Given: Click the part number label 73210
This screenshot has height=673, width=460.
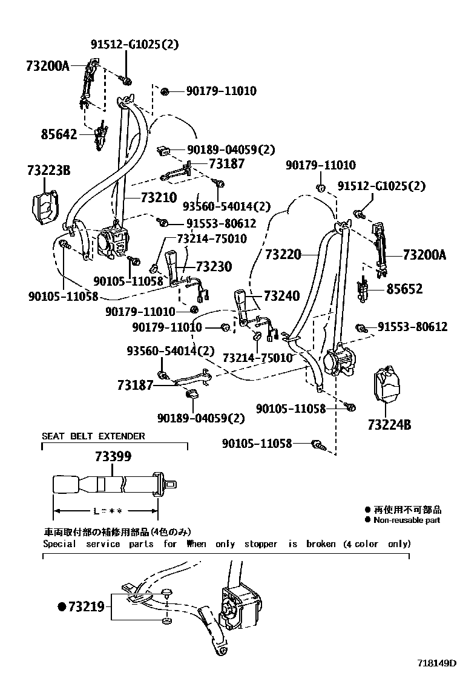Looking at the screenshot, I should [159, 197].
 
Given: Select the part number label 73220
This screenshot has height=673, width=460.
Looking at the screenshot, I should [282, 255].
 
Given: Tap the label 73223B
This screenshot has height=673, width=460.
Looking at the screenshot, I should [48, 171].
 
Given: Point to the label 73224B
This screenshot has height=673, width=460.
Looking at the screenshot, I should [389, 425].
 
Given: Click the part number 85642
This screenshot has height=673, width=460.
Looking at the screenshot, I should [60, 134].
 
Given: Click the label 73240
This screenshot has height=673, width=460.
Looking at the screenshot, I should [281, 296].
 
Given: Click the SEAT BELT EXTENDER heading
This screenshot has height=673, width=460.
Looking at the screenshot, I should [93, 436].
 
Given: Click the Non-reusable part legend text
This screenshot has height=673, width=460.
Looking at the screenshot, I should [407, 520].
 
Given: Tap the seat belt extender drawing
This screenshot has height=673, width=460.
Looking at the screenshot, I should [115, 484].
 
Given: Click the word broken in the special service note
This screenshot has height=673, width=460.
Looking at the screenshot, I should [321, 544].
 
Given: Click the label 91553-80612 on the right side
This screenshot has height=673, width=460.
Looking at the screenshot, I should [413, 327].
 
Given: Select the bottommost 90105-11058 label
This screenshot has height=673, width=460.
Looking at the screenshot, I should [263, 444].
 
